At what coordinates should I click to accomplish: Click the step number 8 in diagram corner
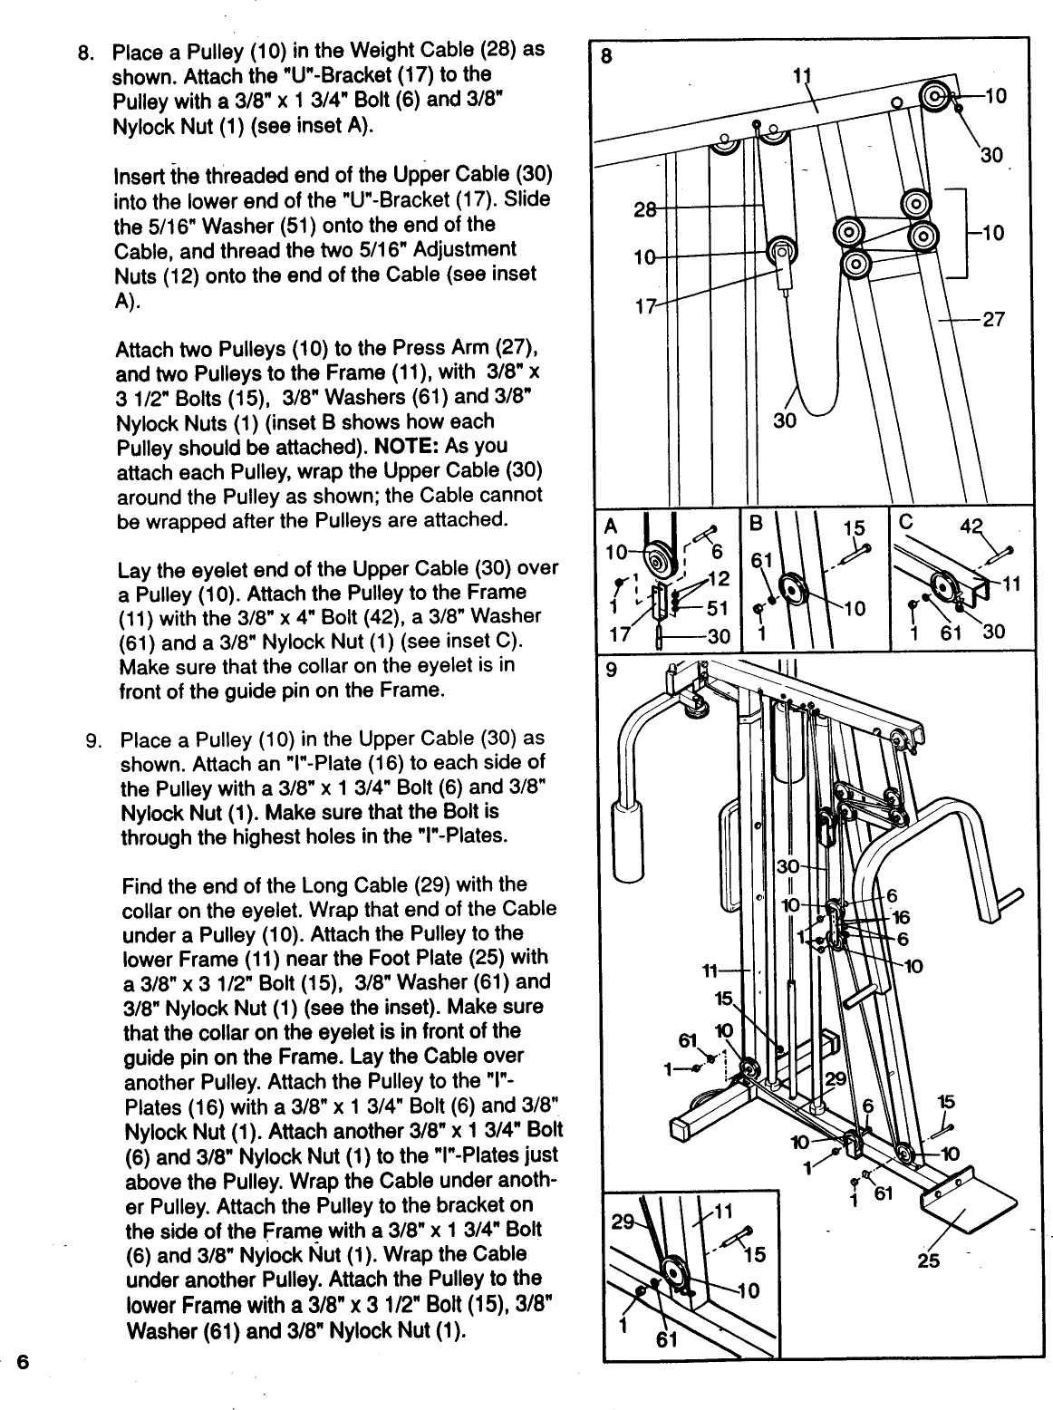[607, 55]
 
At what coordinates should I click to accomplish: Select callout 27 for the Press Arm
[993, 319]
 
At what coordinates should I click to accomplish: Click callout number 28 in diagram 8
[643, 210]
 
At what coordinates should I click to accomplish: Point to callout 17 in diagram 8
[644, 305]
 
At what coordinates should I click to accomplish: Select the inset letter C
[904, 524]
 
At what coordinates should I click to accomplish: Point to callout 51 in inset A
[719, 608]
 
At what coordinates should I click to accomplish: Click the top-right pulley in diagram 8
[936, 96]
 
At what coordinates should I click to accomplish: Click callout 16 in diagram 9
[900, 917]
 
